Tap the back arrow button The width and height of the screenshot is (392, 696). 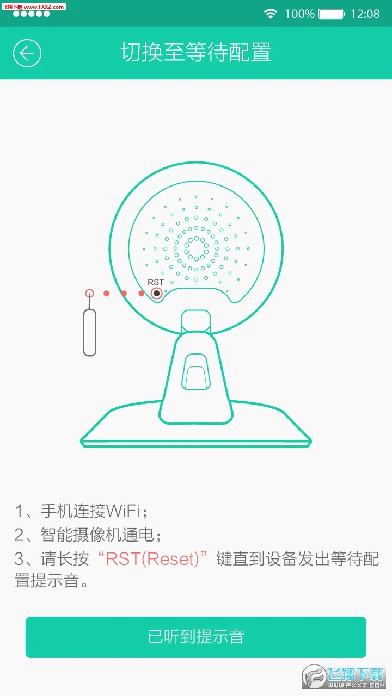click(27, 53)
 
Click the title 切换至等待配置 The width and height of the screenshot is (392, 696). click(196, 53)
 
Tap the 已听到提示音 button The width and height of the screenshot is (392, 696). click(196, 637)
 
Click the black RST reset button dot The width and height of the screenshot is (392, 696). click(157, 294)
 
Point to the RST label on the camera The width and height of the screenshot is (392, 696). click(156, 282)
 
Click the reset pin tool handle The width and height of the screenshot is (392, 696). click(90, 332)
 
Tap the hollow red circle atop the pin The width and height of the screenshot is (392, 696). click(90, 294)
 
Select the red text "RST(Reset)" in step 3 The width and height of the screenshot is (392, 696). click(152, 559)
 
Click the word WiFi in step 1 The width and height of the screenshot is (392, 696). click(124, 511)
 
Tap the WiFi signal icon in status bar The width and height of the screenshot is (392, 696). click(271, 14)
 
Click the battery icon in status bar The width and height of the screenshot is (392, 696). click(332, 14)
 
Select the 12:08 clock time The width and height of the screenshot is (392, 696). click(365, 14)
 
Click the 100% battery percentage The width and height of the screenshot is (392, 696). click(299, 14)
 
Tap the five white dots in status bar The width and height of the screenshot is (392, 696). click(32, 14)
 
